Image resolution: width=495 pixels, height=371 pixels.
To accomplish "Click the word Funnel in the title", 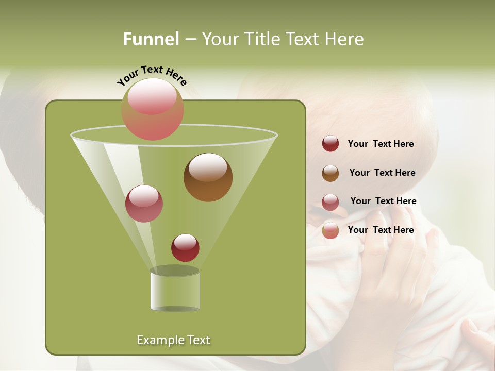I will tap(151, 39).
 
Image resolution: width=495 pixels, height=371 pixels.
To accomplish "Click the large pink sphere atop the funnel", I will tap(153, 109).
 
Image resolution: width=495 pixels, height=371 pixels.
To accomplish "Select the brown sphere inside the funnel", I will tap(208, 177).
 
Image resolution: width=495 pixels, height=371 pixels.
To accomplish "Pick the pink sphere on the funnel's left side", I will tap(144, 204).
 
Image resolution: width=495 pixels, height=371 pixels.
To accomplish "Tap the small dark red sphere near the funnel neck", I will tap(185, 248).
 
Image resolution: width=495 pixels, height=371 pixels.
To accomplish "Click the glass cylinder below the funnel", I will tap(175, 291).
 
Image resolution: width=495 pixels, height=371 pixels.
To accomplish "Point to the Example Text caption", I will tap(173, 340).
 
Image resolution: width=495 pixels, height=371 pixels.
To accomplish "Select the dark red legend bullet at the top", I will tap(331, 144).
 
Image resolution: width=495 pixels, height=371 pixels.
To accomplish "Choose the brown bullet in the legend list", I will tap(331, 173).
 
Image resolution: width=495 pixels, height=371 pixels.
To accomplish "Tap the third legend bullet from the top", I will tap(331, 202).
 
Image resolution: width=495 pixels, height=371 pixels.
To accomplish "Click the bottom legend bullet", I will tap(331, 230).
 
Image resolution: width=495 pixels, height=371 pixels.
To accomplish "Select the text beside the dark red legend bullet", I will tap(381, 144).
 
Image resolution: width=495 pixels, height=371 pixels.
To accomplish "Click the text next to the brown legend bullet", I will tap(382, 173).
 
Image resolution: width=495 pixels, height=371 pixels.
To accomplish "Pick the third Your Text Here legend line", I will tap(383, 201).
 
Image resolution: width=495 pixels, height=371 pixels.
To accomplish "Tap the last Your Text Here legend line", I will tap(381, 230).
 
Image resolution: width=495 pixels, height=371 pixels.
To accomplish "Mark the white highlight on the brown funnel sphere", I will tap(208, 167).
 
